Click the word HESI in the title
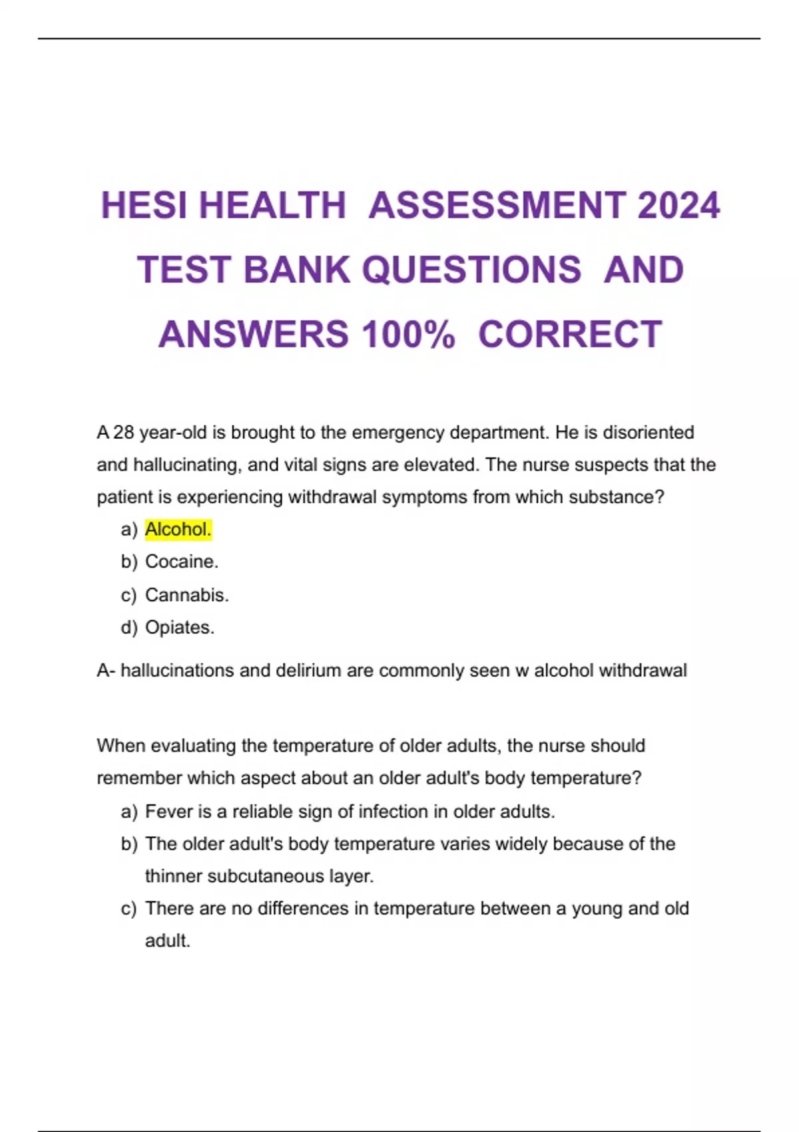pos(144,205)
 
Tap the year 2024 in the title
pos(678,205)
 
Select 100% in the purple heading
pos(408,334)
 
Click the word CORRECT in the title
pos(570,334)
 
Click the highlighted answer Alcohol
pos(178,529)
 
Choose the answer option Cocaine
pos(181,561)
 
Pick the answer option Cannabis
pos(186,595)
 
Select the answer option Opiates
pos(179,627)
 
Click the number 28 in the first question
pos(124,433)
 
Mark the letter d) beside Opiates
pos(129,627)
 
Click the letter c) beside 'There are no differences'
pos(129,909)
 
